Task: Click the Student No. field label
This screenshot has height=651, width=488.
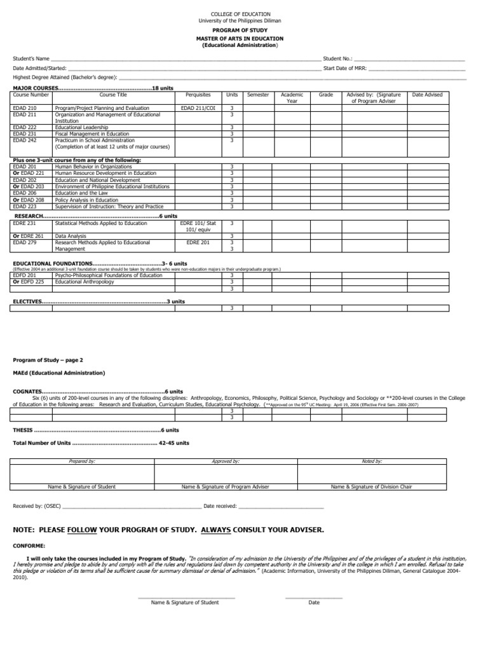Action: click(337, 58)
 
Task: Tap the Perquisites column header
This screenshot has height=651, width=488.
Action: click(198, 94)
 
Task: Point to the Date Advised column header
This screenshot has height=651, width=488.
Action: click(427, 94)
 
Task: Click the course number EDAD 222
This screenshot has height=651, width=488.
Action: click(24, 127)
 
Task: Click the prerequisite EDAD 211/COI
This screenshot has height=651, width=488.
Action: click(198, 109)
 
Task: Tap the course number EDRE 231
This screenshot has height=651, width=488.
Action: click(24, 223)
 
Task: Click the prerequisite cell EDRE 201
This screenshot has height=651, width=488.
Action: click(198, 242)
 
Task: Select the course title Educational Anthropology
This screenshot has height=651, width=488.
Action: click(85, 282)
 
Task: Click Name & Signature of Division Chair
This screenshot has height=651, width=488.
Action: click(371, 486)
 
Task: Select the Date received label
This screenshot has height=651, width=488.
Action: click(220, 506)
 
